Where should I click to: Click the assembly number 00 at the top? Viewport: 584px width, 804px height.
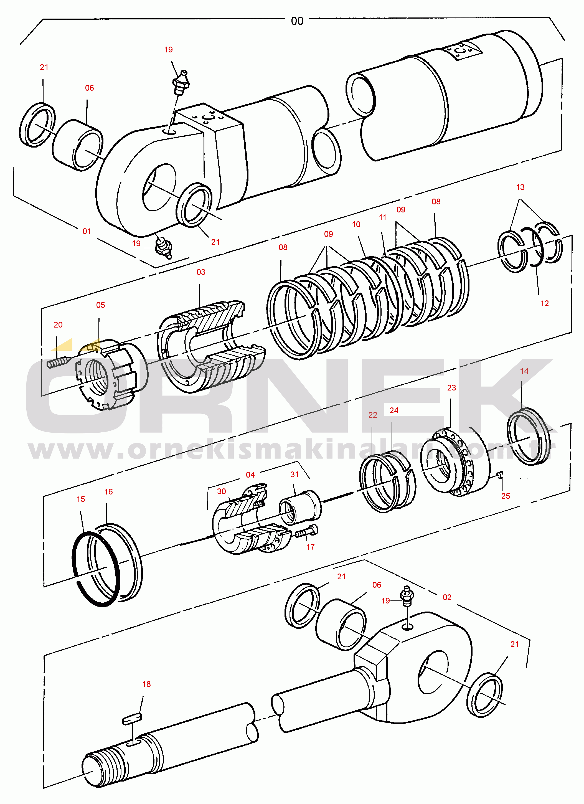297,21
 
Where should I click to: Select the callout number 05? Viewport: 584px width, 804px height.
100,305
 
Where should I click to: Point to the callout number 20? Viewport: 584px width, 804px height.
58,325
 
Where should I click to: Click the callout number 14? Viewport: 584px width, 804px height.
524,371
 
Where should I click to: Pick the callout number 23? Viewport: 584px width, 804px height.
451,387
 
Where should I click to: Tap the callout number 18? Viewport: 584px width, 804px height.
146,684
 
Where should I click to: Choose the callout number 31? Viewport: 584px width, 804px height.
294,474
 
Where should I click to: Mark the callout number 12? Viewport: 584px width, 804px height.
544,303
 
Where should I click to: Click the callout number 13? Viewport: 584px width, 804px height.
520,187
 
